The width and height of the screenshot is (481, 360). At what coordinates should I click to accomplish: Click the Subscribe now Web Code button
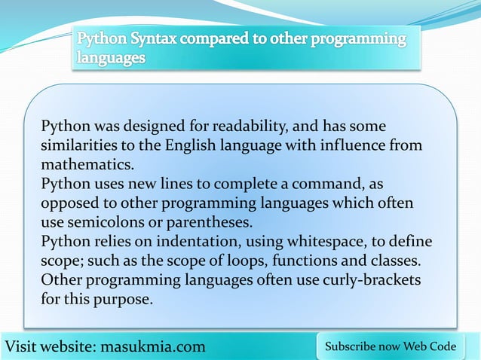390,346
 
